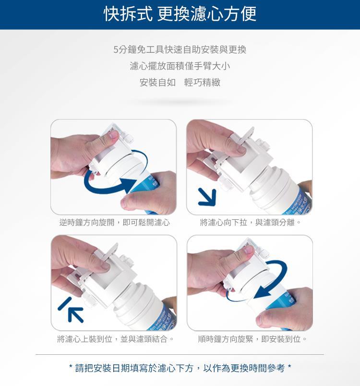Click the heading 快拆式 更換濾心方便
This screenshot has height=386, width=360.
pyautogui.click(x=180, y=14)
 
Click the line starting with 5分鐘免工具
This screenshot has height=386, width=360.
pyautogui.click(x=180, y=50)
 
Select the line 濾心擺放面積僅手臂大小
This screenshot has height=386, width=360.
pyautogui.click(x=180, y=66)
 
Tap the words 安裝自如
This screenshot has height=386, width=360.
pyautogui.click(x=157, y=83)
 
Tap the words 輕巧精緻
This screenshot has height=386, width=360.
pyautogui.click(x=202, y=83)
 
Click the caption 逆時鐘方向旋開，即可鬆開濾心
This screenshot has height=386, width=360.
pyautogui.click(x=115, y=223)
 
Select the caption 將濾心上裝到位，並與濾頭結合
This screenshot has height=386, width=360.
pyautogui.click(x=116, y=339)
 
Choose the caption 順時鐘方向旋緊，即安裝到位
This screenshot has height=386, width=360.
pyautogui.click(x=252, y=339)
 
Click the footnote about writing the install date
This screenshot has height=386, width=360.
pyautogui.click(x=180, y=368)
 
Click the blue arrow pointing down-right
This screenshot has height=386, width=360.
pyautogui.click(x=207, y=197)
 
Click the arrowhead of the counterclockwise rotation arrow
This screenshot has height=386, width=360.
pyautogui.click(x=128, y=185)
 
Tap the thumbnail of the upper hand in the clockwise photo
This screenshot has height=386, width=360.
pyautogui.click(x=248, y=250)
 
